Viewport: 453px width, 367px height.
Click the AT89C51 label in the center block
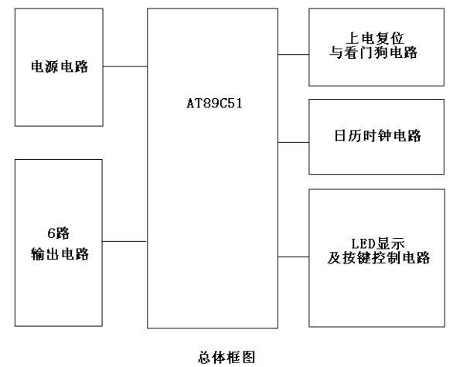[x=214, y=104]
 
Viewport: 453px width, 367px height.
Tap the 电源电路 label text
[x=60, y=66]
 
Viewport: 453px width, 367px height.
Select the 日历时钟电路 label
[x=377, y=136]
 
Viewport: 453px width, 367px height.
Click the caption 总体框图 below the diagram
[x=226, y=358]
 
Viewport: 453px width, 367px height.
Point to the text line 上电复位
[x=375, y=39]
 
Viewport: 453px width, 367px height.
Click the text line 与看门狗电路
[x=373, y=53]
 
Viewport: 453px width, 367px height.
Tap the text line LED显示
[x=377, y=243]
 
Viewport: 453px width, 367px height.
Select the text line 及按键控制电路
[x=379, y=258]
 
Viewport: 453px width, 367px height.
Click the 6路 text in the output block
[x=59, y=233]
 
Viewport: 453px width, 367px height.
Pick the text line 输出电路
[x=60, y=254]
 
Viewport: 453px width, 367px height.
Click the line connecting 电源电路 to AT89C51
[x=125, y=66]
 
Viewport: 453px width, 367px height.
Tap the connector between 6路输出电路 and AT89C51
[x=124, y=241]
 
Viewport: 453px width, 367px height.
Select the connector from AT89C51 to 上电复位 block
[x=294, y=54]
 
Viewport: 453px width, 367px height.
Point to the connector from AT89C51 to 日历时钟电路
[x=294, y=142]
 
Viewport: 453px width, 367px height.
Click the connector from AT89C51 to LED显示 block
[x=294, y=257]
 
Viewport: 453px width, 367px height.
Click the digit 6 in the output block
[x=51, y=233]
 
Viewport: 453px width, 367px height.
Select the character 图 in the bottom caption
[x=248, y=358]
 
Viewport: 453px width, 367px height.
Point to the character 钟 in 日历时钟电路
[x=384, y=136]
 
